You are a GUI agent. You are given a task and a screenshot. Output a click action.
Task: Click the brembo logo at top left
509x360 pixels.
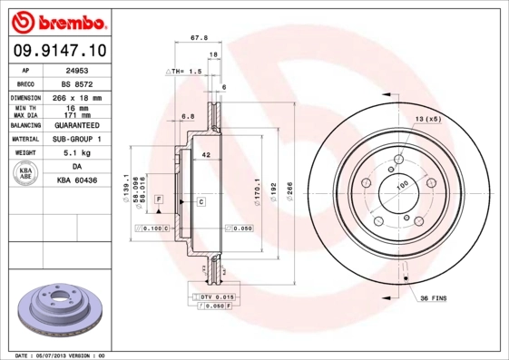pos(57,19)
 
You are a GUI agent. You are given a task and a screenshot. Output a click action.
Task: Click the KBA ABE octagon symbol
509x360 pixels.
pos(27,175)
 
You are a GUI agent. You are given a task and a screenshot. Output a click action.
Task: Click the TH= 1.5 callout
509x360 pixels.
pos(184,71)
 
